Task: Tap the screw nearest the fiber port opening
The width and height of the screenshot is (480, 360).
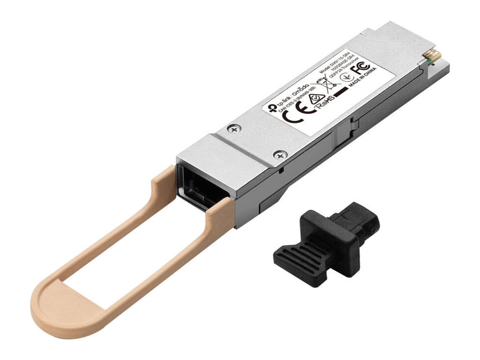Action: pos(280,154)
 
